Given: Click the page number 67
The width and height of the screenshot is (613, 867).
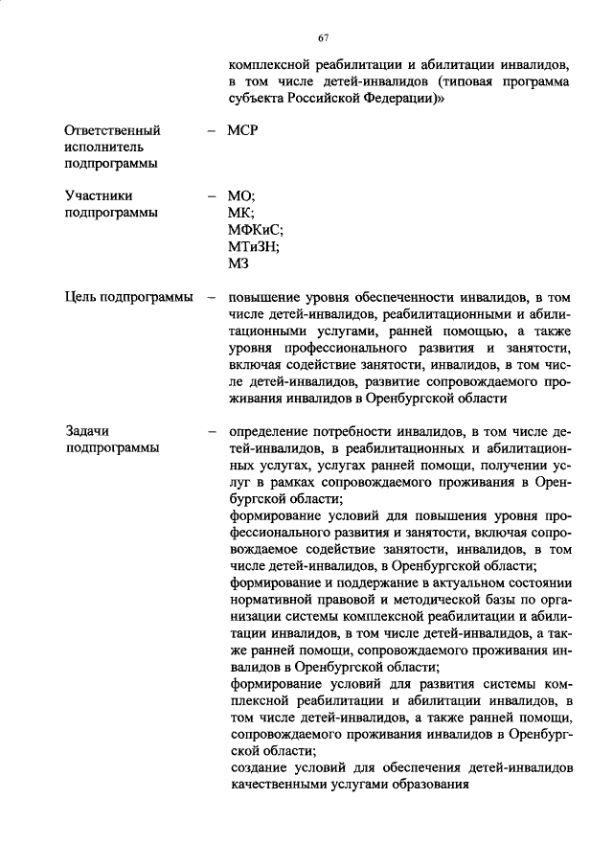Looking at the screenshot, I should pyautogui.click(x=324, y=37).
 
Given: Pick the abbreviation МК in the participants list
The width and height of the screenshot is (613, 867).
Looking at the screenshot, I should pyautogui.click(x=240, y=212).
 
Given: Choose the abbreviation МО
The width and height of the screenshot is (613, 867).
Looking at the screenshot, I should pyautogui.click(x=240, y=195).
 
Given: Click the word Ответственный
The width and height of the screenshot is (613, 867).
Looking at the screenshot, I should pyautogui.click(x=112, y=129).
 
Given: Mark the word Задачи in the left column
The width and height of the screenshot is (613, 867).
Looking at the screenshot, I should pyautogui.click(x=87, y=431).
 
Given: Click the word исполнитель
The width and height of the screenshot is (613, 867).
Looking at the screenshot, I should pyautogui.click(x=103, y=147).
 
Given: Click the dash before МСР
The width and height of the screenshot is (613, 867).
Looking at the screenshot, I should pyautogui.click(x=211, y=129).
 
